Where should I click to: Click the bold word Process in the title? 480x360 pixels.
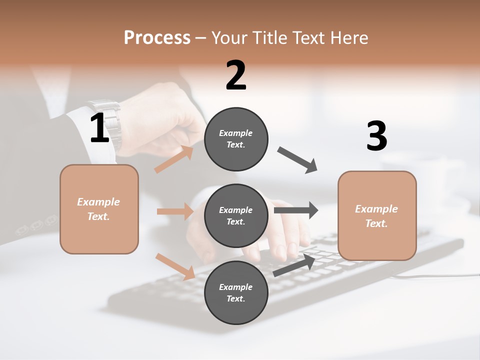click(157, 37)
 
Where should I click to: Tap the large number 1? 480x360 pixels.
click(99, 128)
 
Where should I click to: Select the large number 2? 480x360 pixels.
click(236, 75)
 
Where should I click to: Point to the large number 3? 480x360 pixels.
click(376, 137)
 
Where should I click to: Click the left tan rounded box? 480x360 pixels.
click(99, 209)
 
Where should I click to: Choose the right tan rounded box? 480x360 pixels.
click(377, 216)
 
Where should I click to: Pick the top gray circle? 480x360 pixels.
click(236, 139)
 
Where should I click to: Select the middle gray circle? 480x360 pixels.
click(236, 216)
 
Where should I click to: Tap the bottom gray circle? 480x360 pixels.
click(236, 293)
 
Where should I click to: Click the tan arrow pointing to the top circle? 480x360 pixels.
click(174, 159)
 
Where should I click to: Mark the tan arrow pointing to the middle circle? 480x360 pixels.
click(175, 211)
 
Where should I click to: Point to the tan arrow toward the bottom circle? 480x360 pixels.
click(175, 266)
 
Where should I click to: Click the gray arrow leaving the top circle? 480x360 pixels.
click(297, 160)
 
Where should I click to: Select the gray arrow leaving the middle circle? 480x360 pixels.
click(296, 210)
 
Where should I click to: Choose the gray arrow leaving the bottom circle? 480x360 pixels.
click(294, 265)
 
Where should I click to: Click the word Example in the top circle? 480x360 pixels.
click(235, 133)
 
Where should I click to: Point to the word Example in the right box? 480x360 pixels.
click(376, 209)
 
